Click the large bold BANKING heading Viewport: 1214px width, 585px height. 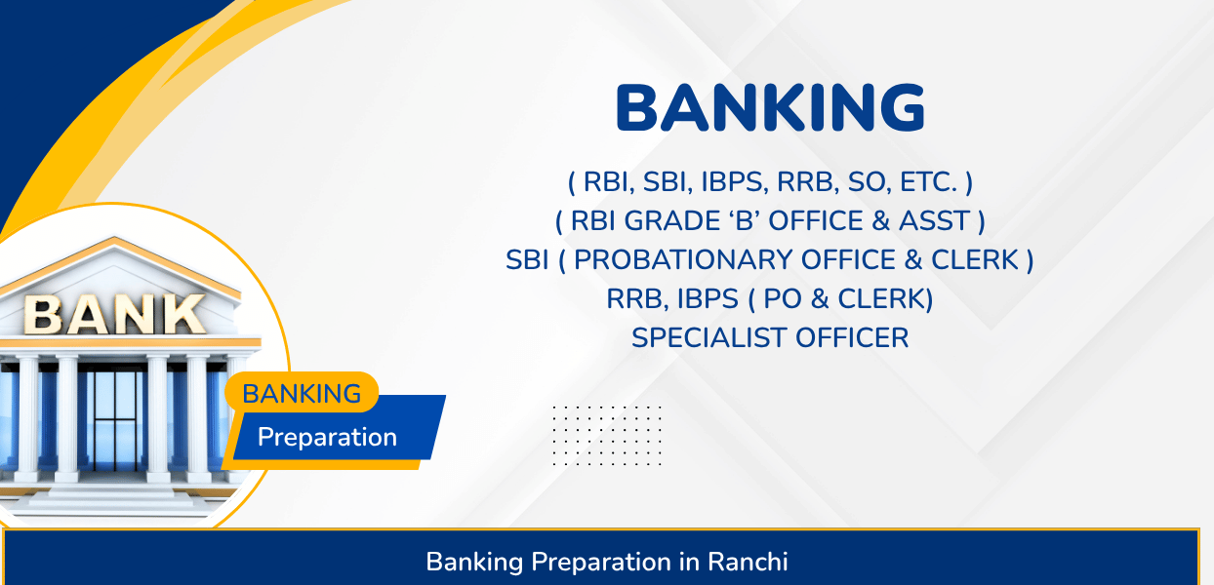[x=770, y=107]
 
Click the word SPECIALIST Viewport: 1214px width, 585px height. [x=709, y=338]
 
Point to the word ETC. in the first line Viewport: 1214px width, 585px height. [x=928, y=182]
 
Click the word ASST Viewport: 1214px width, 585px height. [x=934, y=221]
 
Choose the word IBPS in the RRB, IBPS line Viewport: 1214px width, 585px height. [x=708, y=299]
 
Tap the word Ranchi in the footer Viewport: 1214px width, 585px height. [x=748, y=562]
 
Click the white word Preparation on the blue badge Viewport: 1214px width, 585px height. [x=327, y=438]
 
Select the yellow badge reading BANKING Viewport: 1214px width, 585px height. [x=302, y=392]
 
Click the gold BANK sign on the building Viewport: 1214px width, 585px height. [x=114, y=314]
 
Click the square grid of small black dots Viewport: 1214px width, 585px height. [x=607, y=435]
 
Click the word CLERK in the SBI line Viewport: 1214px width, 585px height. [x=976, y=260]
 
